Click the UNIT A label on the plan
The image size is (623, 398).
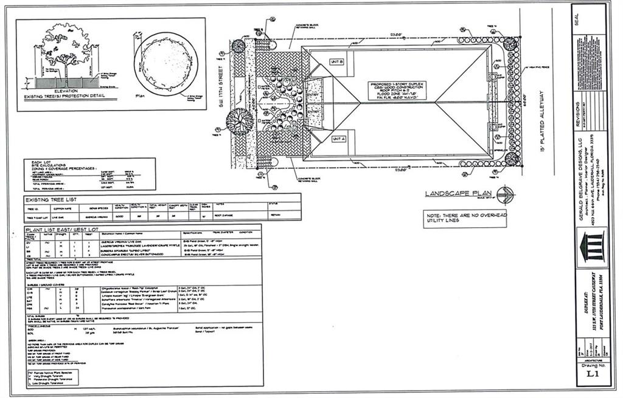(x=338, y=139)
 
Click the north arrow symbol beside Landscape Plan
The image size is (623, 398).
(x=506, y=194)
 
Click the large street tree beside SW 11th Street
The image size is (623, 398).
(x=239, y=120)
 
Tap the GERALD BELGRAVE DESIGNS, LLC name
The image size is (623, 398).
(x=580, y=182)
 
